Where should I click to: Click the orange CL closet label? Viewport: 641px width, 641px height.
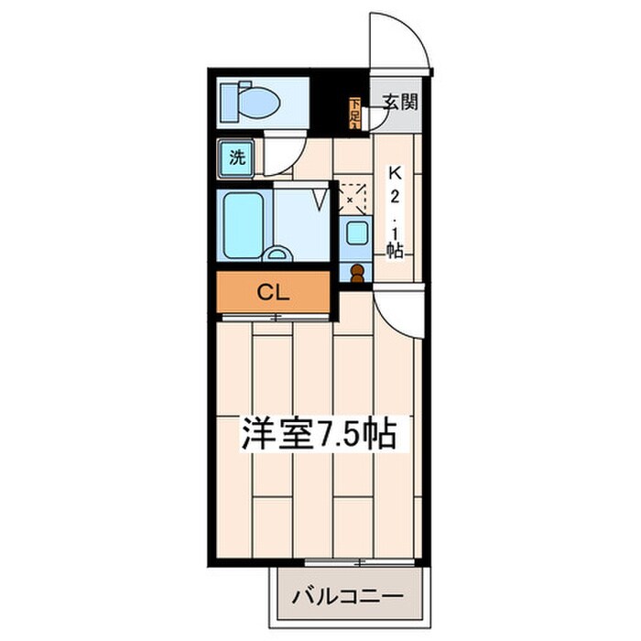pos(273,293)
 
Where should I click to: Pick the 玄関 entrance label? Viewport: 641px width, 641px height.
pos(400,101)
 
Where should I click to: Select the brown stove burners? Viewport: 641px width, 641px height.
pos(356,272)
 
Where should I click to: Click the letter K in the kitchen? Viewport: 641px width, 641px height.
pos(395,171)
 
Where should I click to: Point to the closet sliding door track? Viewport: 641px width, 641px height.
pos(275,317)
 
